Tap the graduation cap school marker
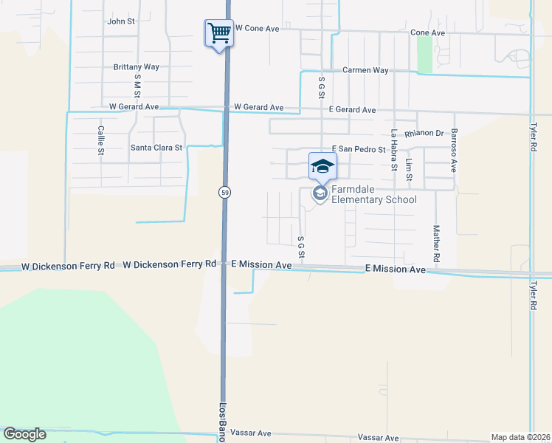[322, 166]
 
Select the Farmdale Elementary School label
[373, 194]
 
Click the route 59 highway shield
[224, 192]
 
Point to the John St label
[121, 21]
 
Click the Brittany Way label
[137, 66]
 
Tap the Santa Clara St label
[156, 148]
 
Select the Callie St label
[101, 140]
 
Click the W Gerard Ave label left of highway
[134, 107]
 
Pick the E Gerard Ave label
[352, 110]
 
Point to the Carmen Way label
[365, 70]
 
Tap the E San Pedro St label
[359, 149]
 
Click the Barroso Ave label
[455, 150]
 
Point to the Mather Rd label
[436, 244]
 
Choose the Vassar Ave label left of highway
[251, 433]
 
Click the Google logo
[25, 434]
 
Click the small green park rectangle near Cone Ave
[424, 54]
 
